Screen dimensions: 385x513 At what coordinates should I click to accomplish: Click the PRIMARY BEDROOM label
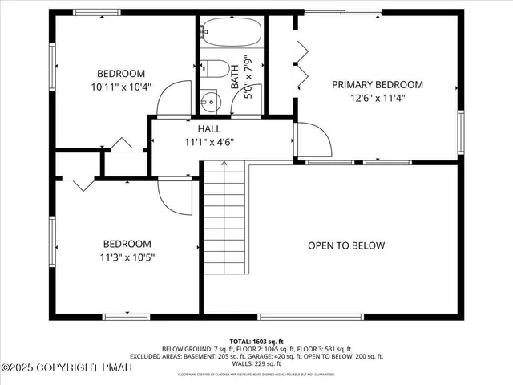pyautogui.click(x=378, y=84)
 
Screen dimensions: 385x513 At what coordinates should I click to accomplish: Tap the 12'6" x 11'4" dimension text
pyautogui.click(x=378, y=99)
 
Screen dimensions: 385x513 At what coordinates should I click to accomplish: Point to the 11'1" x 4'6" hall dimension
pyautogui.click(x=209, y=143)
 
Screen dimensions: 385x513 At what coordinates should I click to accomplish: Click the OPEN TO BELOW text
pyautogui.click(x=346, y=246)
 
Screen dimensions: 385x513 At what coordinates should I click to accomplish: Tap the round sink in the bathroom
pyautogui.click(x=210, y=102)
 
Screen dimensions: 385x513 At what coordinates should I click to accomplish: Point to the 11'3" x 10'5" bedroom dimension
pyautogui.click(x=127, y=258)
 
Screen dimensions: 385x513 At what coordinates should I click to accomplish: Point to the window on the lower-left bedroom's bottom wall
pyautogui.click(x=127, y=316)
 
